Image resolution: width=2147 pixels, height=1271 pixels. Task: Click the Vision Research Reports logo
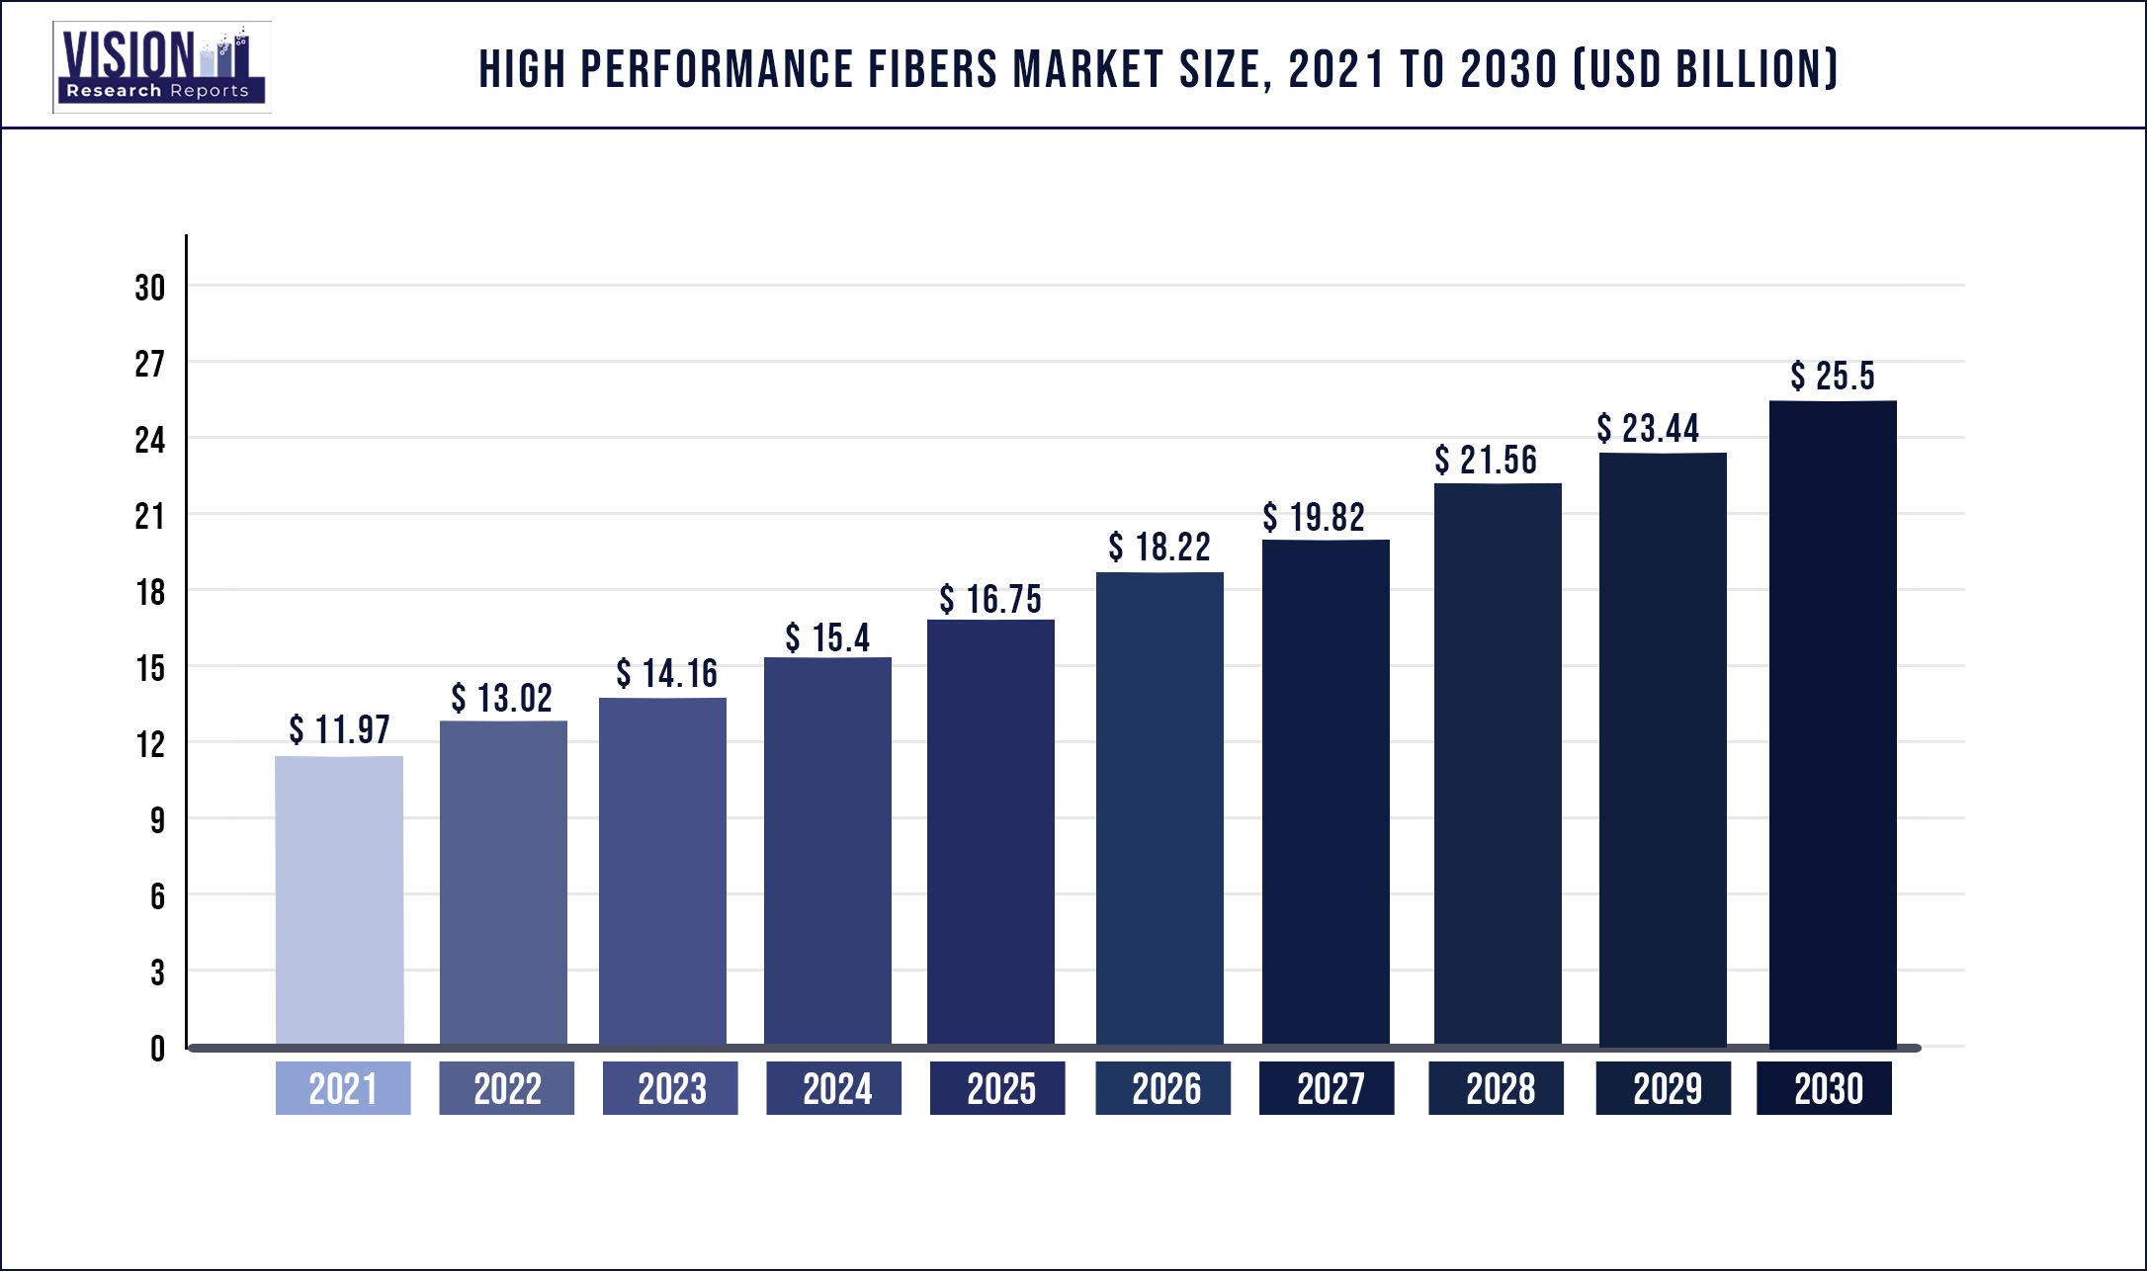161,67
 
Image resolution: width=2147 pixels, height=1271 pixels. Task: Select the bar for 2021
339,899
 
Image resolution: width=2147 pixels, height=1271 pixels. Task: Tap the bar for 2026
1159,807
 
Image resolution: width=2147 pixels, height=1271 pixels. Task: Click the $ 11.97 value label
339,730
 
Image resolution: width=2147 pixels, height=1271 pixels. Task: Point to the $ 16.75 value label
990,600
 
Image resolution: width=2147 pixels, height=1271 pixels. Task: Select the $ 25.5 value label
1833,377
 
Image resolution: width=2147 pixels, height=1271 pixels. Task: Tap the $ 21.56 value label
1486,461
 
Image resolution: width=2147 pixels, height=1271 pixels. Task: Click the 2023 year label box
670,1088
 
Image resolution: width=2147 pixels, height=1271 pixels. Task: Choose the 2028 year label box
1496,1088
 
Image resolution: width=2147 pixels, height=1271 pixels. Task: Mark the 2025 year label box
997,1088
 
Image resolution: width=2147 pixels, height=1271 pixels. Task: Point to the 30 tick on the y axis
150,289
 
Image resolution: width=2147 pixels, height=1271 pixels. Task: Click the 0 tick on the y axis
157,1049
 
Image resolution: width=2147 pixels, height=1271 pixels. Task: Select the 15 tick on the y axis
150,669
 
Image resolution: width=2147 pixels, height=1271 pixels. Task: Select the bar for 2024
827,850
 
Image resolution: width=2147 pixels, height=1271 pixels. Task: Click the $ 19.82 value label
1314,518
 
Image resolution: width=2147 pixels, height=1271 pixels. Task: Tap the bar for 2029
1663,748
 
